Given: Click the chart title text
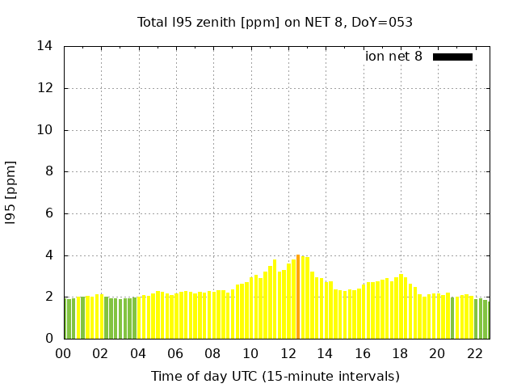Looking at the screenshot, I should [275, 23].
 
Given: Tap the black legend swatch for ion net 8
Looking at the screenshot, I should [452, 57].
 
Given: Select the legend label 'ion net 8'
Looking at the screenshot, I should [393, 57].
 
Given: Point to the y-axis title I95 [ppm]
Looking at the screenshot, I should [11, 192].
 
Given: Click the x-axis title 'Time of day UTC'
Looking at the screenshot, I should [275, 376].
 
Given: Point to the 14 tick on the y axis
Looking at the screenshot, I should [45, 46].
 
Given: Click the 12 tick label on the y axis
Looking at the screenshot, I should [45, 88].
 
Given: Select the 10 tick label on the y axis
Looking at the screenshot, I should [45, 130].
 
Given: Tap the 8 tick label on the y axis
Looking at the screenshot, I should [48, 172].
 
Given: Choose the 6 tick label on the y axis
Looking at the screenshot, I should [48, 214].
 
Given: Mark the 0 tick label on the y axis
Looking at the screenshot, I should [48, 339].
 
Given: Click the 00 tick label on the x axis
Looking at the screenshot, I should [64, 354].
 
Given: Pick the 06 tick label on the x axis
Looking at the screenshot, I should [176, 354].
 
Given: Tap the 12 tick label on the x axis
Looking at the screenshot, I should [288, 354].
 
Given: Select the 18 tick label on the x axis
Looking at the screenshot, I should [400, 354].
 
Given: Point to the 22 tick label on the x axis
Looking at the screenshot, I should [474, 354].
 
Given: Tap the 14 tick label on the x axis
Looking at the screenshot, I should [325, 354].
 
